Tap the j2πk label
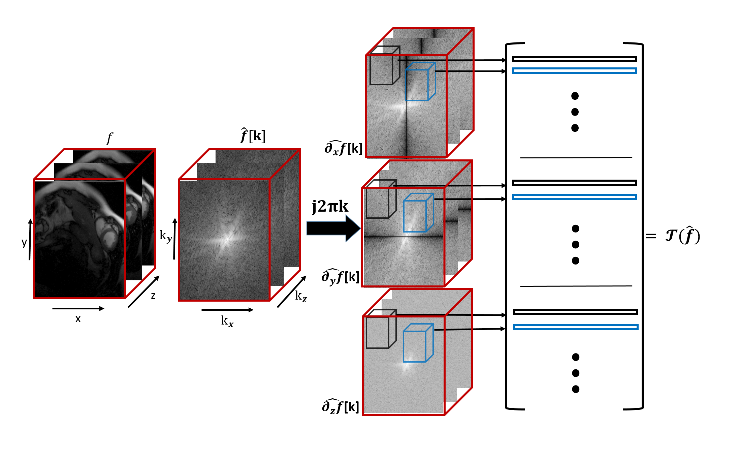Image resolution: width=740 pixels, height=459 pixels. coord(330,206)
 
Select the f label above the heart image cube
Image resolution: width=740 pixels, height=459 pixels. coord(109,138)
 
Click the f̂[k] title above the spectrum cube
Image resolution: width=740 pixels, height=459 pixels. coord(253,136)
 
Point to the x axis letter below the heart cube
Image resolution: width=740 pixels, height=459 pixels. coord(78,319)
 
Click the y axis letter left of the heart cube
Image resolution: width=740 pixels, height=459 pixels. coord(24,242)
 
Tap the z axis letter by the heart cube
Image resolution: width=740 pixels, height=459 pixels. coord(153,296)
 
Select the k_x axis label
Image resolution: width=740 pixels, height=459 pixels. coord(227,321)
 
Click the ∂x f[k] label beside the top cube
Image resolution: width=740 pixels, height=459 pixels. coord(343,148)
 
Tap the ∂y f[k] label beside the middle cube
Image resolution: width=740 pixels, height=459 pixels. coord(341,277)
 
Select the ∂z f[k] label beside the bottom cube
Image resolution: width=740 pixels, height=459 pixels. coord(341,406)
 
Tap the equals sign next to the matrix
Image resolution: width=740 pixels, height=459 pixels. coord(651,236)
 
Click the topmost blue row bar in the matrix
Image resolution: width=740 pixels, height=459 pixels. coord(575,71)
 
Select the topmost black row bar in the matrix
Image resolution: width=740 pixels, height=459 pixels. coord(575,59)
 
